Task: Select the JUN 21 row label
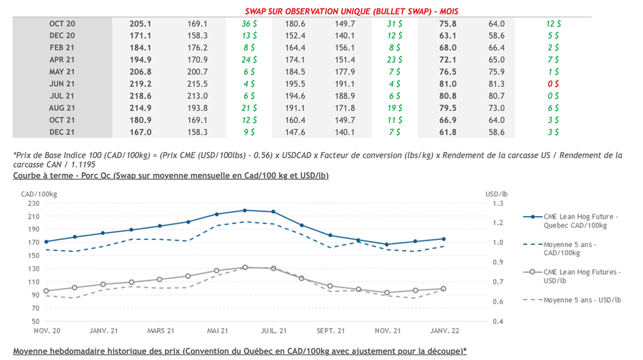coord(62,84)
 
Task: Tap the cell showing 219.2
coord(140,84)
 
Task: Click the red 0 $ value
coord(553,84)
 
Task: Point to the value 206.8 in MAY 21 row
coord(140,72)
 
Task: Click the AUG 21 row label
coord(62,108)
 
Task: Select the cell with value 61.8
coord(448,133)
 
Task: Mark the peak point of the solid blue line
coord(245,210)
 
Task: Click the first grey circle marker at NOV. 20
coord(46,291)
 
